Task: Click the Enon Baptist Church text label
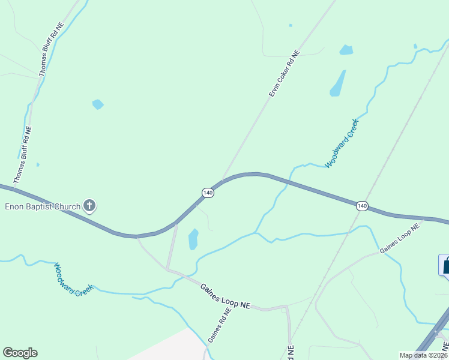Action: [x=43, y=207]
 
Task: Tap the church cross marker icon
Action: [x=89, y=206]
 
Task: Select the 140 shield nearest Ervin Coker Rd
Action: [x=208, y=193]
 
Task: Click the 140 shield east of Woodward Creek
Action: [x=361, y=206]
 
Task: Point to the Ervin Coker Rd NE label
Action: [x=283, y=74]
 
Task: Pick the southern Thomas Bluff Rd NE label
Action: [x=23, y=154]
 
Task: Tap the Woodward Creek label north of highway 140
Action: [x=342, y=143]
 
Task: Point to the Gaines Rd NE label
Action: [x=220, y=325]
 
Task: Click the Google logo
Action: [x=20, y=353]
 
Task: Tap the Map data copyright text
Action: [x=424, y=355]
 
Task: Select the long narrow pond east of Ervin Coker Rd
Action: [x=338, y=84]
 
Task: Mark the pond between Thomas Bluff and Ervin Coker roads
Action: [x=97, y=104]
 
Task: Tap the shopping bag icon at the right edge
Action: [x=445, y=265]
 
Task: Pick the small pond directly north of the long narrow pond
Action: [x=346, y=50]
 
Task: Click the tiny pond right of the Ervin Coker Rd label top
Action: [x=291, y=25]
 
